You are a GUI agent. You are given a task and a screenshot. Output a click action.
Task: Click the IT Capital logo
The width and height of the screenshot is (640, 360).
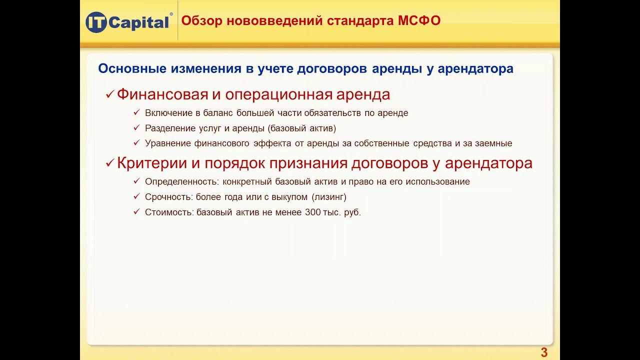tap(128, 22)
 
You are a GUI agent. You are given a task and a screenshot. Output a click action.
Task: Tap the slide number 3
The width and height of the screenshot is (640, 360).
tap(544, 353)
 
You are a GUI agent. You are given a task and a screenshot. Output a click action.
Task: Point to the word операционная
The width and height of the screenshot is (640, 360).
tap(278, 94)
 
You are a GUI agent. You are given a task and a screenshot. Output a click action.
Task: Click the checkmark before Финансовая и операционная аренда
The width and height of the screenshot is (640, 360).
tap(109, 95)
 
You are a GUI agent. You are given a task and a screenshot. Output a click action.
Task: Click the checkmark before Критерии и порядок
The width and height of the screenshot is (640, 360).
tap(109, 164)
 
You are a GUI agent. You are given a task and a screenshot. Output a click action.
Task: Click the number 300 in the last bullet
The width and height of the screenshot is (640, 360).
tap(312, 212)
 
